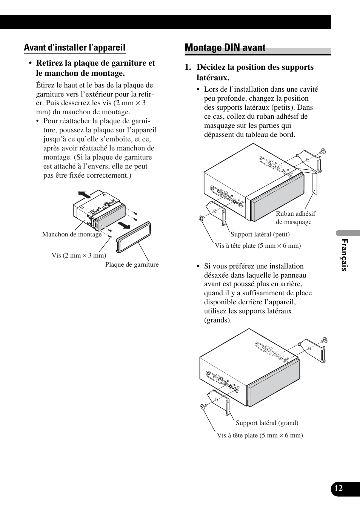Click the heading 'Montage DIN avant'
[225, 48]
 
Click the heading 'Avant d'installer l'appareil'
[74, 48]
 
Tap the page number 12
[338, 488]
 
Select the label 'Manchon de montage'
[72, 235]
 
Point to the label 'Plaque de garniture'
[132, 264]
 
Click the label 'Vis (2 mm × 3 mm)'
[79, 256]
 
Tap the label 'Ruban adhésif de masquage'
[295, 218]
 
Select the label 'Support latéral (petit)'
[260, 234]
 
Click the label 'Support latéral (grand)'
[267, 423]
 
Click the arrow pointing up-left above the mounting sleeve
[85, 195]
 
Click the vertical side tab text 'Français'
[344, 255]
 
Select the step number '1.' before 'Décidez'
[188, 68]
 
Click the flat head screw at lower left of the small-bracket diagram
[201, 218]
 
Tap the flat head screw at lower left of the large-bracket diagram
[203, 406]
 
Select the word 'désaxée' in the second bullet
[217, 275]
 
